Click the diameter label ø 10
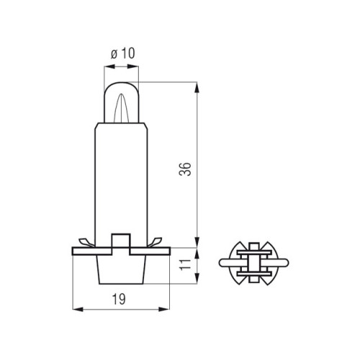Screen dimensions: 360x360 click(122, 53)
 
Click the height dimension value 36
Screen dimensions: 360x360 click(185, 169)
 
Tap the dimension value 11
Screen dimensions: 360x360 click(185, 265)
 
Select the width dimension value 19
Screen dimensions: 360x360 click(119, 300)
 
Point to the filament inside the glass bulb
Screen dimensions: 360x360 click(122, 108)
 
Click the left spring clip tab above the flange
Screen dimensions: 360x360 click(86, 243)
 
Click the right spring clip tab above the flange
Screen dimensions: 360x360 click(155, 242)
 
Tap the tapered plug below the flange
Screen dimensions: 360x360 click(121, 269)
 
